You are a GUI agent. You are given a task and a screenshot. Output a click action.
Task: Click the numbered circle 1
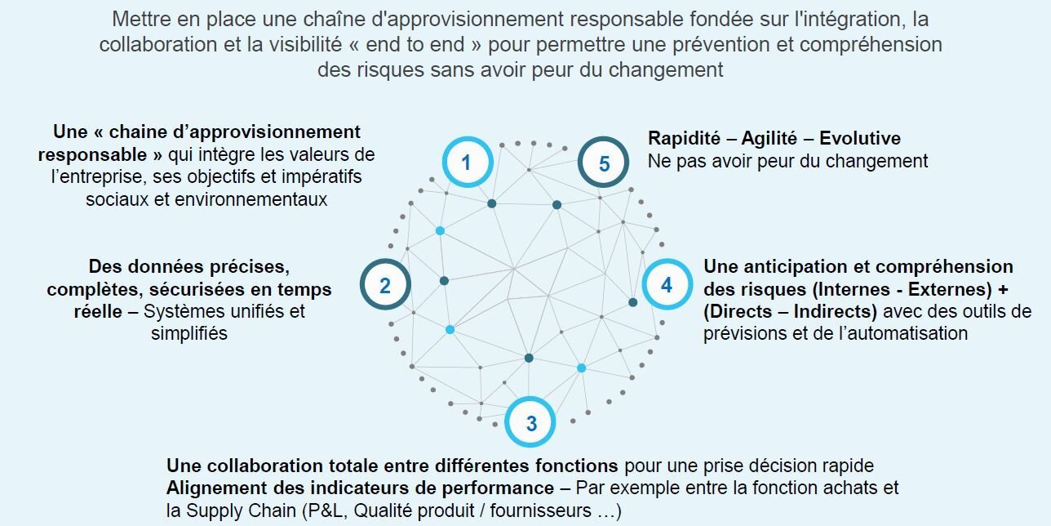tap(468, 162)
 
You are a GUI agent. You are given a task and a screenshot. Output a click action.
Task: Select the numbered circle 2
tap(385, 284)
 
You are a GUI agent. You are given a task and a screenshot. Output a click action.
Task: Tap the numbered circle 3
tap(530, 422)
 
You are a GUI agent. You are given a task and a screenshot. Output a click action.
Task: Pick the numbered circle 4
tap(667, 284)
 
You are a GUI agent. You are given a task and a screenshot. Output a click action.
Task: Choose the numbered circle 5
tap(603, 163)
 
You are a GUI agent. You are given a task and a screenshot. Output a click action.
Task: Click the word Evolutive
tap(860, 139)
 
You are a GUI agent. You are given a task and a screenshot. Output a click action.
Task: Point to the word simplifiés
tap(189, 333)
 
